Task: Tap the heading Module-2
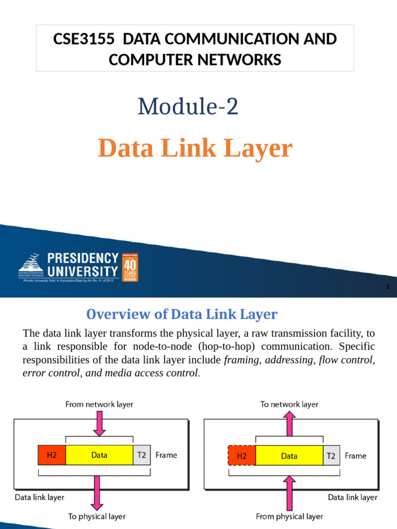(x=188, y=106)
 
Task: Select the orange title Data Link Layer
(x=195, y=148)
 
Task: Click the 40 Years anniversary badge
(x=130, y=267)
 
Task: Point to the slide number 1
(x=387, y=287)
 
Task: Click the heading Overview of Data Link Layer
(x=181, y=314)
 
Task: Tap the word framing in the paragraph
(x=242, y=360)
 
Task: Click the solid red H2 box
(x=52, y=455)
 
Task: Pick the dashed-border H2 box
(x=241, y=456)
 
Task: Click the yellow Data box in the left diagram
(x=99, y=455)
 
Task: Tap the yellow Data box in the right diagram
(x=289, y=456)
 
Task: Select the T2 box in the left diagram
(x=141, y=455)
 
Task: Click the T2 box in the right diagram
(x=331, y=456)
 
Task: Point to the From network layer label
(x=99, y=404)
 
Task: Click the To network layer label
(x=289, y=404)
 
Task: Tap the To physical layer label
(x=97, y=516)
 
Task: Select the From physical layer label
(x=289, y=516)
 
